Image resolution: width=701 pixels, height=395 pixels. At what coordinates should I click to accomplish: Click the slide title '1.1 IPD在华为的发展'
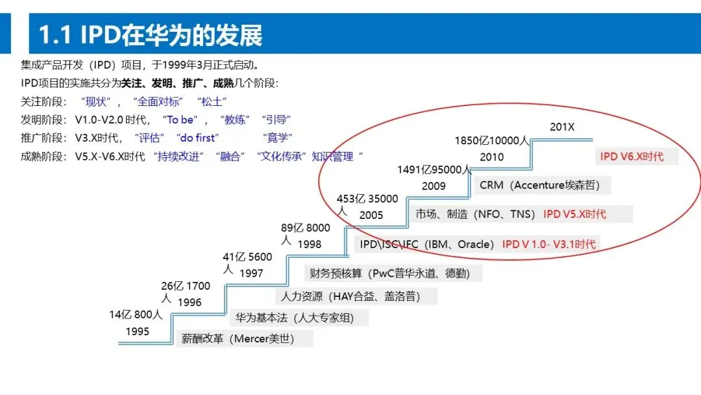(x=151, y=34)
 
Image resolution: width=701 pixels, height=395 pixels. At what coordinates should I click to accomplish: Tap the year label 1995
(x=137, y=331)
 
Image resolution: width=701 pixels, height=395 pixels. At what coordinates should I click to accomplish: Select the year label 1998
(x=310, y=244)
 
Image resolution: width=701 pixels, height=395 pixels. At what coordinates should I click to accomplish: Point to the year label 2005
(x=371, y=215)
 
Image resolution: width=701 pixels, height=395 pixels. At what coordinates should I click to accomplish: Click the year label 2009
(x=434, y=186)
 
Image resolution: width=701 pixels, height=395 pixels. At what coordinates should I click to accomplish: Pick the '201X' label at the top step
(x=562, y=127)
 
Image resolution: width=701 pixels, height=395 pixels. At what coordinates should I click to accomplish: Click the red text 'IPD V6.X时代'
(x=632, y=157)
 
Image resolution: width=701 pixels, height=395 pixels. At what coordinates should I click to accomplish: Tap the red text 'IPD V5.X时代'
(x=574, y=214)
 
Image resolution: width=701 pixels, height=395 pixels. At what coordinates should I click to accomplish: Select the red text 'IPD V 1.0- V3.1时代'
(x=548, y=244)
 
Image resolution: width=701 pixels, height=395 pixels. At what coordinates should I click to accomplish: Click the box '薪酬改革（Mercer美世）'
(x=245, y=338)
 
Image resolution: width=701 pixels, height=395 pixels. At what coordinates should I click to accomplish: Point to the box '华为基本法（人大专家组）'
(x=299, y=318)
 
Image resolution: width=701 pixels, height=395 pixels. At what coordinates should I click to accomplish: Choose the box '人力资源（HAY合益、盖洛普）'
(x=357, y=296)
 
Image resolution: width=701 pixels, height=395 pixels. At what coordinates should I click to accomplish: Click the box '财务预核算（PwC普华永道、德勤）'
(x=393, y=274)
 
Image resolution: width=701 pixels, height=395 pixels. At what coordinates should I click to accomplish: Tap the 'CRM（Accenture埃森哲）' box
(x=542, y=185)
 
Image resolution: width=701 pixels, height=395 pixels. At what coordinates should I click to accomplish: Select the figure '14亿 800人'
(x=136, y=315)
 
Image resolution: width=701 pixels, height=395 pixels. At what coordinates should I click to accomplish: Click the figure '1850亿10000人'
(x=492, y=141)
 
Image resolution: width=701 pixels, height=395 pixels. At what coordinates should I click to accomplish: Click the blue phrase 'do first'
(x=197, y=138)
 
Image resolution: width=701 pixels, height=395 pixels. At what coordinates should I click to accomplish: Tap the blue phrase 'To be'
(x=180, y=120)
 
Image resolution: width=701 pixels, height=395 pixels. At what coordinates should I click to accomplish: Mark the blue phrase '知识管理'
(x=332, y=157)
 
